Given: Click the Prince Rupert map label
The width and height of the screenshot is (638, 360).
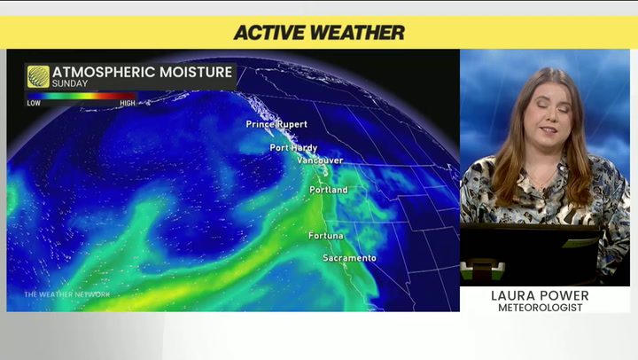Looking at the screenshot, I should [276, 124].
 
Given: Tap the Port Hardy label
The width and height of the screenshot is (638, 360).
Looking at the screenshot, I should [292, 148].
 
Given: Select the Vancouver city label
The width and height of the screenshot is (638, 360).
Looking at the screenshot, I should [319, 160].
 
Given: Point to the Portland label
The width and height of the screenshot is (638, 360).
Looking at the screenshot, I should [328, 191].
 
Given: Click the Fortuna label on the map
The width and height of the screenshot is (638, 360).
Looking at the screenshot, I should [326, 236].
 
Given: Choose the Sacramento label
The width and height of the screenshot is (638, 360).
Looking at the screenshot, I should [348, 258].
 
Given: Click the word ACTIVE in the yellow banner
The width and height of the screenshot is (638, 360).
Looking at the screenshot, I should [272, 33].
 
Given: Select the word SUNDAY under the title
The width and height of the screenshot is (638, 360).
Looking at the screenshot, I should [69, 84].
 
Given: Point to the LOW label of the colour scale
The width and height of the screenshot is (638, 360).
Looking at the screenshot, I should [34, 103].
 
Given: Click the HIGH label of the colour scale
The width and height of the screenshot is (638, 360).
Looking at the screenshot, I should [128, 103].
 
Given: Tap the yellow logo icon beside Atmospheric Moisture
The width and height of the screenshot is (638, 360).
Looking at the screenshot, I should [38, 76].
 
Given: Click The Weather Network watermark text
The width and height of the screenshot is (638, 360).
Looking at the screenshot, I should [66, 294].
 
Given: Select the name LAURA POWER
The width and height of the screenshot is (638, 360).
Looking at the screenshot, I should [544, 295].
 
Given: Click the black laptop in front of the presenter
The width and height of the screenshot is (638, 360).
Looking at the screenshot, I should [530, 252].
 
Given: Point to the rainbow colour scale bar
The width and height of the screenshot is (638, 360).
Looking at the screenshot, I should [81, 96].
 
